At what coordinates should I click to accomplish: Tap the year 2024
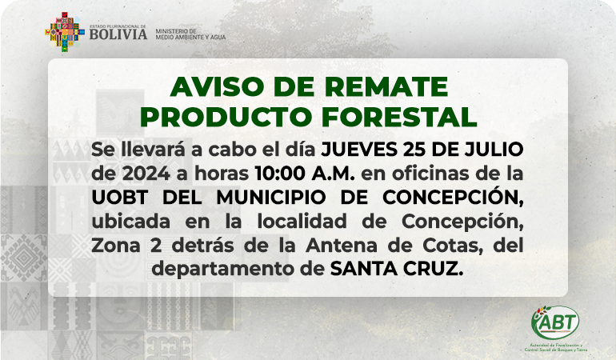(x=146, y=174)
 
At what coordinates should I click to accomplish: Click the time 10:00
(x=280, y=174)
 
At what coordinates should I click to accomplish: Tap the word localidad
(x=302, y=222)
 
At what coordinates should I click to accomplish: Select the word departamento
(x=229, y=270)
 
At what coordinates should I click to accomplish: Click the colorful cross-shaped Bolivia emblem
(x=65, y=32)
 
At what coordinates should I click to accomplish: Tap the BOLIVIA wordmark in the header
(x=118, y=34)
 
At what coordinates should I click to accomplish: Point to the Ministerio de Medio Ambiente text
(x=190, y=34)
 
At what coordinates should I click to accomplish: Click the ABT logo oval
(x=555, y=322)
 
